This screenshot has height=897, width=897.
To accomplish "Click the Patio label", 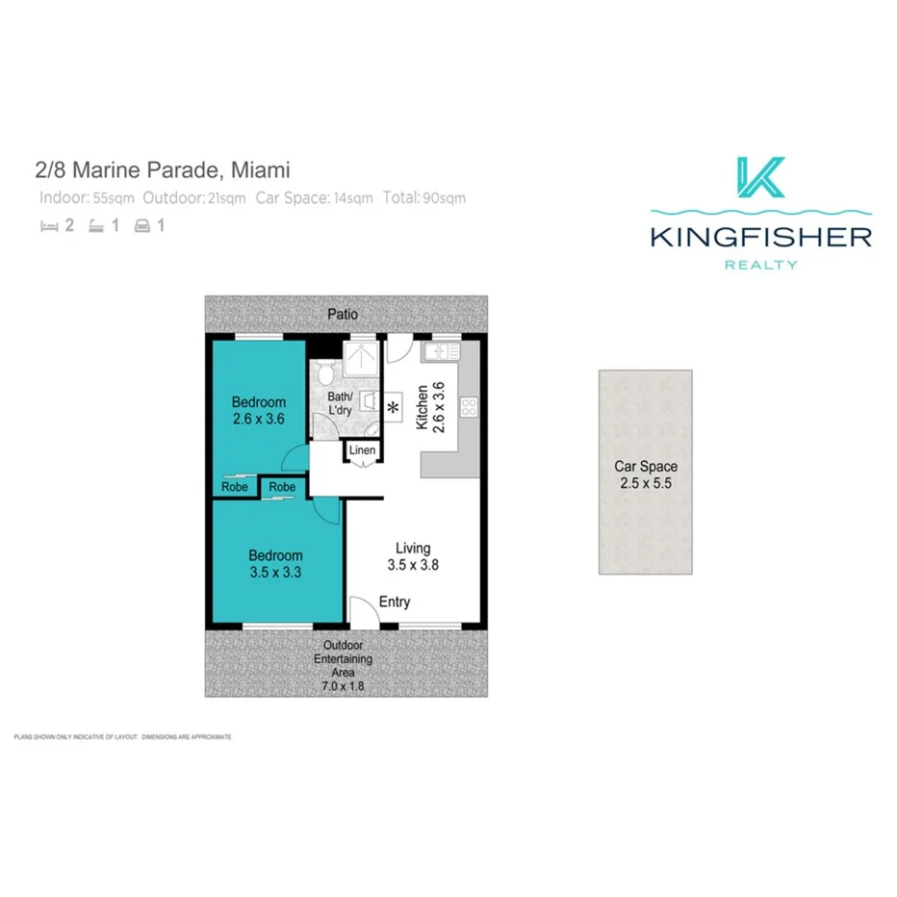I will click(343, 314).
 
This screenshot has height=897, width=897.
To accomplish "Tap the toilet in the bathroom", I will click(324, 372).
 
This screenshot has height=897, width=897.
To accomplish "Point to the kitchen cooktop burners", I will click(469, 407).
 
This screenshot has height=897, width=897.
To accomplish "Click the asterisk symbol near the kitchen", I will click(393, 408).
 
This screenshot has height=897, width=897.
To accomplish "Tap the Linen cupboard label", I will click(362, 450).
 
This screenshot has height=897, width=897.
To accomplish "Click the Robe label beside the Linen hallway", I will click(282, 488).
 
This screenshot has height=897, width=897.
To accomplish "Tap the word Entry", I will click(395, 602).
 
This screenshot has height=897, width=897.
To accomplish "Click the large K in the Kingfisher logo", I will click(760, 177).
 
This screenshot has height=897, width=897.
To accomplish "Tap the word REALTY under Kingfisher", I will click(760, 265).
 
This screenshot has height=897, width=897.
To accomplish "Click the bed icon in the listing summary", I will click(48, 227).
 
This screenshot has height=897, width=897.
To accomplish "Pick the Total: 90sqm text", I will click(423, 198).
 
